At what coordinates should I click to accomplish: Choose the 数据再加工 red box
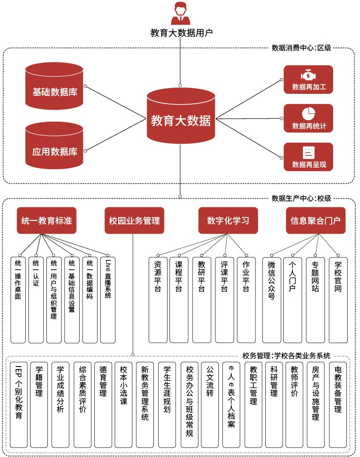tap(308, 80)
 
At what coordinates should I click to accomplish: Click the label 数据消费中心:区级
tap(301, 48)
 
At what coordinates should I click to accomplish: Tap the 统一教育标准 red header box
tap(47, 220)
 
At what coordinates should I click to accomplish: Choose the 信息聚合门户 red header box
tap(316, 220)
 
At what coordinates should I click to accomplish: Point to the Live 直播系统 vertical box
tap(108, 298)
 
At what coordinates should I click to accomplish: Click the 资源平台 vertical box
tap(157, 298)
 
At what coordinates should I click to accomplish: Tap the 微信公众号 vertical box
tap(272, 298)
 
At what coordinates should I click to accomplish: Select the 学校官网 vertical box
tap(338, 298)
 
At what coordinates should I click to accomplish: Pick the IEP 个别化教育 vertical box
tap(19, 404)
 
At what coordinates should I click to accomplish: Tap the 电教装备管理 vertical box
tap(338, 404)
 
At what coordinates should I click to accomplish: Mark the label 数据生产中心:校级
tap(301, 198)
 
